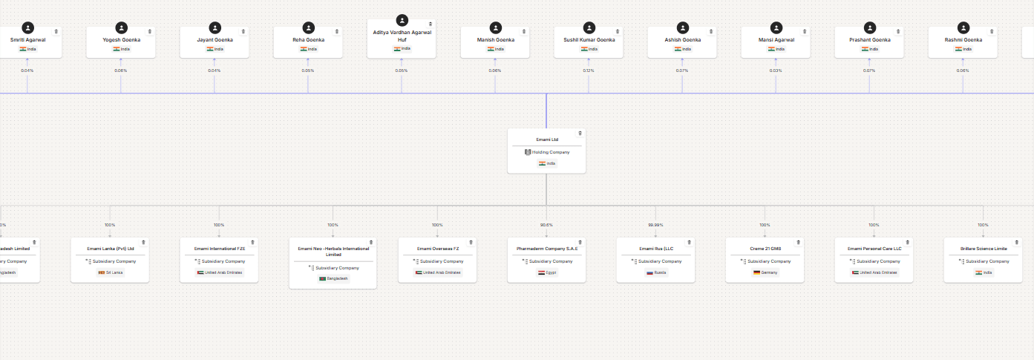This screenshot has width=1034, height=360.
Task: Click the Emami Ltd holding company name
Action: [546, 139]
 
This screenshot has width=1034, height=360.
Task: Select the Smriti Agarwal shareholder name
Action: [27, 39]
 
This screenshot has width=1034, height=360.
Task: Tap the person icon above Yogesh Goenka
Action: [121, 27]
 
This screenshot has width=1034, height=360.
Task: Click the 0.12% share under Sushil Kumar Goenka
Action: [589, 71]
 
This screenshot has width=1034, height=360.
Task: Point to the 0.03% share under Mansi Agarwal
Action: [776, 71]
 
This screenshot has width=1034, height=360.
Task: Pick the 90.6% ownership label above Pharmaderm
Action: [546, 225]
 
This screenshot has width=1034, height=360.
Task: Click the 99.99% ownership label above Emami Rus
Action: [655, 225]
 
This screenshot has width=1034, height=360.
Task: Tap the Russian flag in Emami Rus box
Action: [649, 272]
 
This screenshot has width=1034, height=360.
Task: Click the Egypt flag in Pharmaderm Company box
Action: [542, 272]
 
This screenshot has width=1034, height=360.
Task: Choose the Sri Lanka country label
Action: [114, 272]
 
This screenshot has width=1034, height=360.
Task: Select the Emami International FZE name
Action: [219, 249]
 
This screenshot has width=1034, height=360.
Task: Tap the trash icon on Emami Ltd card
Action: [580, 134]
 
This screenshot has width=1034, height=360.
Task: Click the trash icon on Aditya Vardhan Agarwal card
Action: [430, 24]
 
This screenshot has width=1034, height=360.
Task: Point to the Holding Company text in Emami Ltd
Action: [550, 152]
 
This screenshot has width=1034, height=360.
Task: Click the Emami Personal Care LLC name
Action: [874, 249]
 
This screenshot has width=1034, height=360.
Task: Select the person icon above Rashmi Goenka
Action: [963, 27]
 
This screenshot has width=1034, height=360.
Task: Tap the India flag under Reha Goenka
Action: [304, 49]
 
